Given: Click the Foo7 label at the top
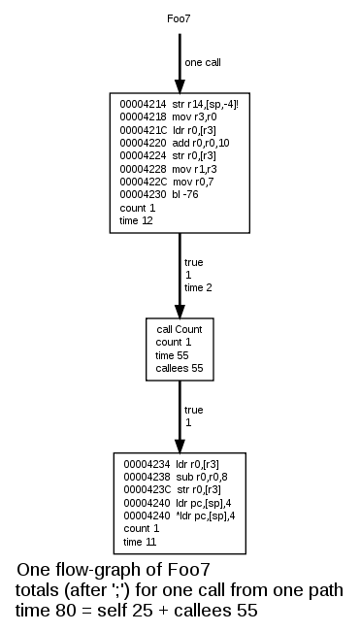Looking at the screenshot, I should (180, 18).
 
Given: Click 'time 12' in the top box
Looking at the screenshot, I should (136, 221).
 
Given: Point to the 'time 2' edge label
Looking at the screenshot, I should (198, 288).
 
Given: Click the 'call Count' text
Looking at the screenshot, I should (180, 329).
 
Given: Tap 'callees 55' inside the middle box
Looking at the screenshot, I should (180, 369).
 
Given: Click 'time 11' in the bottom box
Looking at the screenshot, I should (140, 541).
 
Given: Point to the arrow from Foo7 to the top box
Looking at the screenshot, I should (180, 63).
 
